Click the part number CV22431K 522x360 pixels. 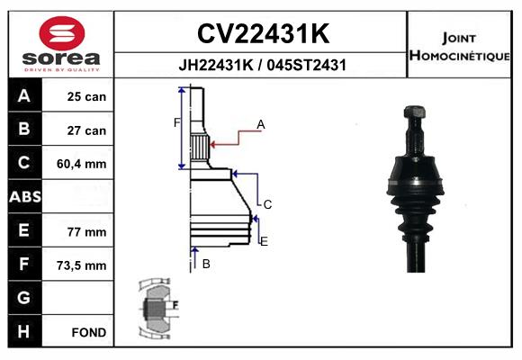point(262,34)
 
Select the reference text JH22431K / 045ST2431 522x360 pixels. point(262,65)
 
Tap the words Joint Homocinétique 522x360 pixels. point(462,47)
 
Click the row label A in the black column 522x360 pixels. point(23,96)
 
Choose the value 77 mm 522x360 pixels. point(86,231)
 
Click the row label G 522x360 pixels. point(23,298)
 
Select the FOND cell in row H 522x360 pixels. point(88,332)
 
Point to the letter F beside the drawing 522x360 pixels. point(176,122)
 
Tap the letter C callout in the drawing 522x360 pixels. point(267,204)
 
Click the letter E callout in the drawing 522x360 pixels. point(264,241)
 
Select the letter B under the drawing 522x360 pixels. point(205,264)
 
